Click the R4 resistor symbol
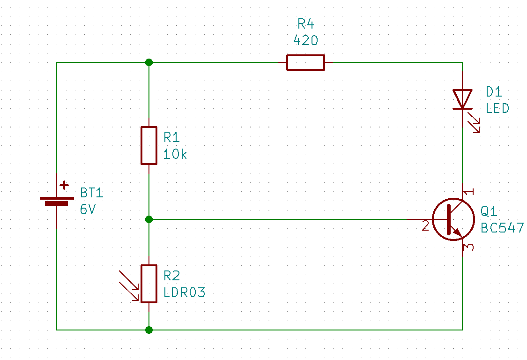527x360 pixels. pyautogui.click(x=305, y=62)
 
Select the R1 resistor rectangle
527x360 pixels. pyautogui.click(x=149, y=145)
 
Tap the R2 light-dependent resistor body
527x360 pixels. pyautogui.click(x=149, y=284)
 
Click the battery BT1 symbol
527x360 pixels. pyautogui.click(x=57, y=201)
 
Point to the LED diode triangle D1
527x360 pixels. pyautogui.click(x=462, y=99)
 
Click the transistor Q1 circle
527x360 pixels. pyautogui.click(x=450, y=219)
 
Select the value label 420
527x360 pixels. pyautogui.click(x=305, y=41)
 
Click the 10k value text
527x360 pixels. pyautogui.click(x=175, y=154)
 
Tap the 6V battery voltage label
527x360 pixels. pyautogui.click(x=88, y=210)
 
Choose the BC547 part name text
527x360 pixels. pyautogui.click(x=502, y=228)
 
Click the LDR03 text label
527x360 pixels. pyautogui.click(x=184, y=293)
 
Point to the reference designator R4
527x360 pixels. pyautogui.click(x=305, y=24)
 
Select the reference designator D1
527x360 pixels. pyautogui.click(x=494, y=91)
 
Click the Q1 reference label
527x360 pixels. pyautogui.click(x=489, y=211)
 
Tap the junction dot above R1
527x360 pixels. pyautogui.click(x=149, y=62)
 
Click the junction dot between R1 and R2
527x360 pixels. pyautogui.click(x=149, y=219)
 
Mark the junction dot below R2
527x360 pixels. pyautogui.click(x=149, y=330)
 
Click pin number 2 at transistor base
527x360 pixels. pyautogui.click(x=425, y=226)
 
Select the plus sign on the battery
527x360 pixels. pyautogui.click(x=64, y=186)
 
